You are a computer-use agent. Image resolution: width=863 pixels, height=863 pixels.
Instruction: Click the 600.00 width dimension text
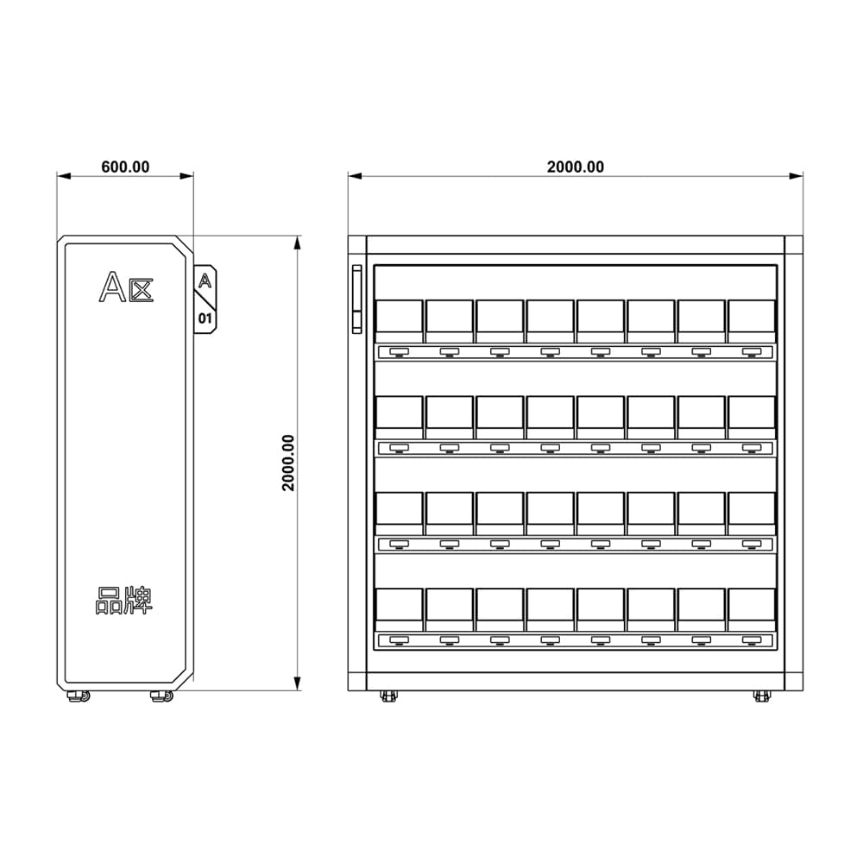point(125,167)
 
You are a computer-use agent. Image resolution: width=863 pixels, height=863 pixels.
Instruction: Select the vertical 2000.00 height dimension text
point(288,463)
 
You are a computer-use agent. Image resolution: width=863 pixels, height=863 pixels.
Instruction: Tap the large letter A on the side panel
point(112,287)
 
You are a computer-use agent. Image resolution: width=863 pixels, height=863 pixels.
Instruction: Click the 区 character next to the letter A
point(142,291)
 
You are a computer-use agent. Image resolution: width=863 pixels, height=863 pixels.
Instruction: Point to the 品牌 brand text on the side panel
point(124,601)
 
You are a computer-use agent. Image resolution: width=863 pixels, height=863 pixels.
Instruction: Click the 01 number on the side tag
point(205,318)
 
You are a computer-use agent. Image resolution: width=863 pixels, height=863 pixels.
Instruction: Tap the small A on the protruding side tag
point(205,280)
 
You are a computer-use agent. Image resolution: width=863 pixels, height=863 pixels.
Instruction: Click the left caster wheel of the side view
point(79,696)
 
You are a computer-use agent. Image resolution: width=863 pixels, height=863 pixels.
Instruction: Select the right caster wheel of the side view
point(162,696)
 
